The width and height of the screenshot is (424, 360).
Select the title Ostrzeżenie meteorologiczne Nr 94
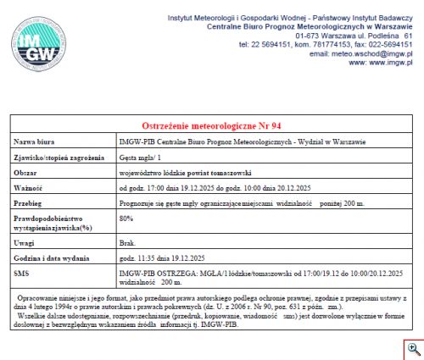210,125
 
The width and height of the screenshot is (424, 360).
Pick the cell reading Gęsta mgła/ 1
141,158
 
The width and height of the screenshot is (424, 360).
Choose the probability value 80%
126,219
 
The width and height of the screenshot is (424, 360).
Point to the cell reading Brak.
128,241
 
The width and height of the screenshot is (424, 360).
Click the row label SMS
25,274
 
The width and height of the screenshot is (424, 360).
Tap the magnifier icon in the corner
413,348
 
